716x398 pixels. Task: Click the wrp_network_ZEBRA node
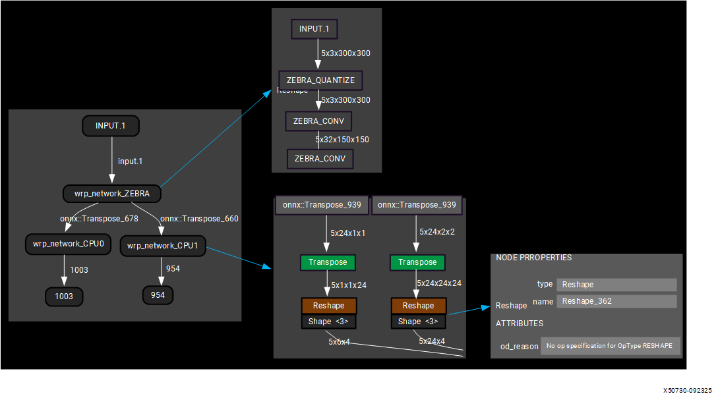tap(112, 194)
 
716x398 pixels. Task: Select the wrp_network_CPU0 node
tap(64, 244)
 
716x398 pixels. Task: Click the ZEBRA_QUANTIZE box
tap(320, 80)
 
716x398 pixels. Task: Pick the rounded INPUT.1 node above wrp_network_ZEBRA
tap(111, 126)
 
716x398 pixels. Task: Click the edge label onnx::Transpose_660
tap(200, 219)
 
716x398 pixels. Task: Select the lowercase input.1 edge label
tap(130, 161)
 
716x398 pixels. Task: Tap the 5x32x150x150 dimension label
tap(342, 140)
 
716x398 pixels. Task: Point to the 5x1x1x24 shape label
tap(349, 285)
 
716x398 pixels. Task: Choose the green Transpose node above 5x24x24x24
tap(417, 262)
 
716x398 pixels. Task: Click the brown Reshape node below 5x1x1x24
tap(328, 306)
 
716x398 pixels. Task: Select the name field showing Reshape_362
tap(616, 301)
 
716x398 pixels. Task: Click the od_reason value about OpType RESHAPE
tap(610, 346)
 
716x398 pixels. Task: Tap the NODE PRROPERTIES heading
tap(534, 258)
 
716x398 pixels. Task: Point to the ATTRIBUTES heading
tap(520, 324)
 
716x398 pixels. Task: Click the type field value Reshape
tap(616, 285)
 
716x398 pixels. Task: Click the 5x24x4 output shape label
tap(432, 341)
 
